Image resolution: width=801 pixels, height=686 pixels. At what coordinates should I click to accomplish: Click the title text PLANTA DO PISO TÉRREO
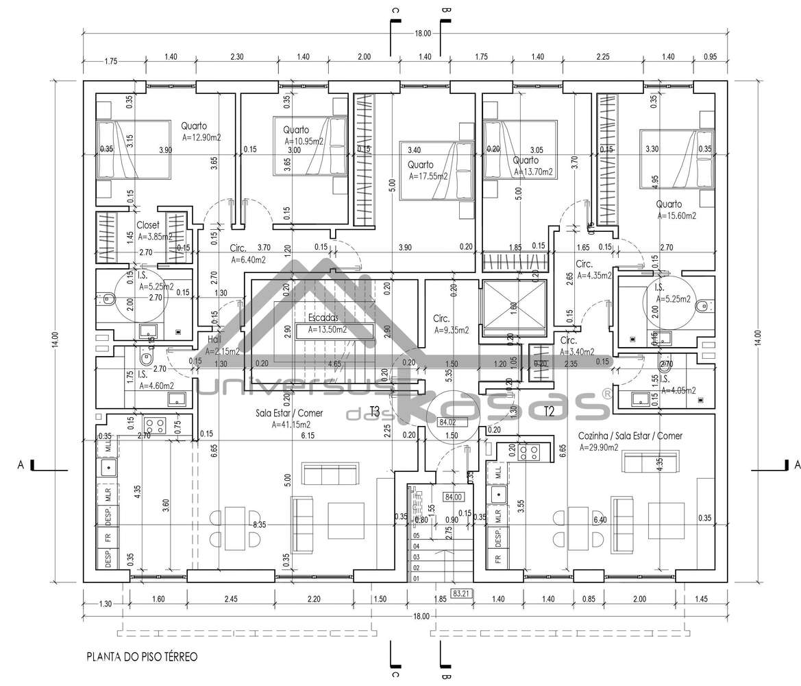(142, 657)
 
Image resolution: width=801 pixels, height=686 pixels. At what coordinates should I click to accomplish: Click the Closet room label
(148, 225)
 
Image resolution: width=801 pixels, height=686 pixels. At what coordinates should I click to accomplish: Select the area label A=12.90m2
(201, 137)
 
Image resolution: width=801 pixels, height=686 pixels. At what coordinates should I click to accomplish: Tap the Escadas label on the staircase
(322, 318)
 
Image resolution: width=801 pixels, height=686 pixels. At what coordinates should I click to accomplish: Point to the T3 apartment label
(375, 411)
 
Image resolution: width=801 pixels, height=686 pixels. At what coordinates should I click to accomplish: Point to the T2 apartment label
(549, 411)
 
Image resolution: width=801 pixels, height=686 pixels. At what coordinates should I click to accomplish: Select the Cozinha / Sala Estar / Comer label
(630, 436)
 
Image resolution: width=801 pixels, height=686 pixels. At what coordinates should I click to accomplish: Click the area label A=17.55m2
(428, 176)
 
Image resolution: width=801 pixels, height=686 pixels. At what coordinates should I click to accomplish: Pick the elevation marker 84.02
(448, 423)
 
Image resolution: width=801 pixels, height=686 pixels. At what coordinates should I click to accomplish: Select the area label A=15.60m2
(676, 215)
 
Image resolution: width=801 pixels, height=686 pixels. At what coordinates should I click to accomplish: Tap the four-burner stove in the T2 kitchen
(530, 452)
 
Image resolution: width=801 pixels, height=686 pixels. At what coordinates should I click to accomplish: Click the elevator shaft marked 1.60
(513, 307)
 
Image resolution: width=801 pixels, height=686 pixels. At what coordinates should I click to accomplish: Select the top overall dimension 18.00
(422, 33)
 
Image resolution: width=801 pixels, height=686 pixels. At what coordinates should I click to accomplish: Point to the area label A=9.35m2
(451, 330)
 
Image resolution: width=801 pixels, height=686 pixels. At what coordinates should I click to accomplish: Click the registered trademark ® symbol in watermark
(606, 394)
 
